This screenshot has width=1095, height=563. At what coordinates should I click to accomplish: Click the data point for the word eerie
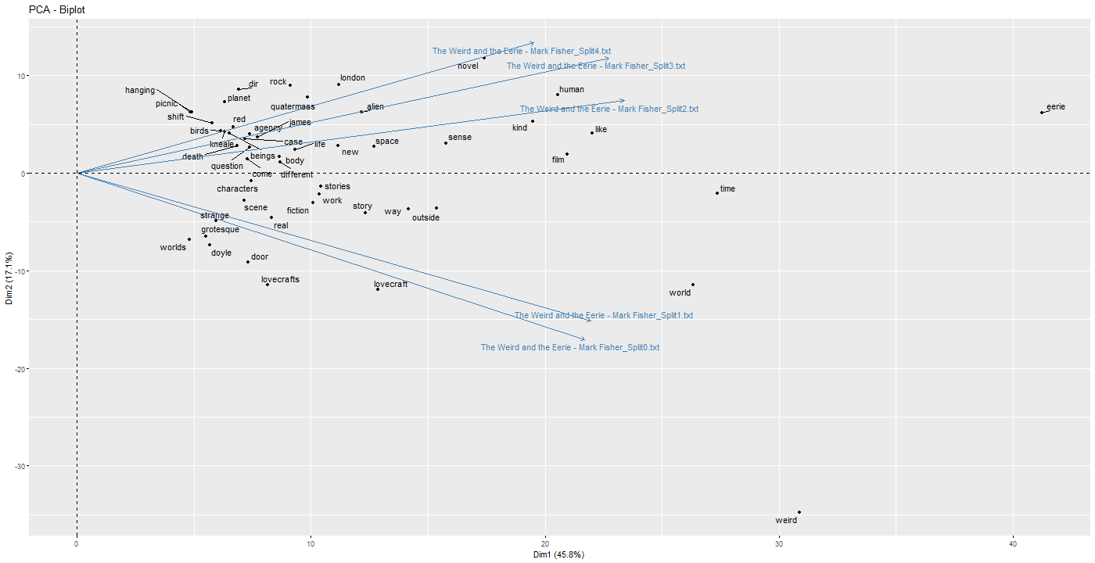click(1042, 113)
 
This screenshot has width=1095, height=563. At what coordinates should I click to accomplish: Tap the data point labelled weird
click(799, 512)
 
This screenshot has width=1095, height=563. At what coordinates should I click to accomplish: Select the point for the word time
click(717, 192)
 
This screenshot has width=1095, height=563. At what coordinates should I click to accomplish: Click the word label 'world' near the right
click(680, 293)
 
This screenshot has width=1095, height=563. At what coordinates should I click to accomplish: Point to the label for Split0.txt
click(570, 347)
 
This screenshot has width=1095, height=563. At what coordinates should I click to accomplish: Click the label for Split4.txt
click(522, 51)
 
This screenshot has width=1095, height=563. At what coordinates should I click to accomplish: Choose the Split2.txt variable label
click(609, 109)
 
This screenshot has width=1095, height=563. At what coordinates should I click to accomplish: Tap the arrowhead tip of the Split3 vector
click(609, 58)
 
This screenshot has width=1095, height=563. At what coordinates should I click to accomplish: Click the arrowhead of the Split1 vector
click(591, 321)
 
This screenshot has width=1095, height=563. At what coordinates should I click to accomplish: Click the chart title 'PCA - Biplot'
click(56, 10)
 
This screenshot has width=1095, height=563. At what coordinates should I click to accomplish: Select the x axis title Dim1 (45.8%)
click(559, 554)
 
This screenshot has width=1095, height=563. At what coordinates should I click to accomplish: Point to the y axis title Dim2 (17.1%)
click(9, 282)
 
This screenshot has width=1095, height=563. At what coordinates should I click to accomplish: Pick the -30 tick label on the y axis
click(18, 466)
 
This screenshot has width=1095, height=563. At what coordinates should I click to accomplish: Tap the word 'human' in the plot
click(572, 90)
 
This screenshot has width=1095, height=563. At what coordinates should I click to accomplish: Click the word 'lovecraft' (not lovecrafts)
click(391, 285)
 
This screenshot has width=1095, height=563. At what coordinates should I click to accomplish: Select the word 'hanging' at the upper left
click(140, 91)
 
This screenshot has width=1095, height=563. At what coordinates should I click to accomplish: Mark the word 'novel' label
click(468, 66)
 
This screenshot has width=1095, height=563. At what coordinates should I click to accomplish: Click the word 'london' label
click(353, 78)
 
